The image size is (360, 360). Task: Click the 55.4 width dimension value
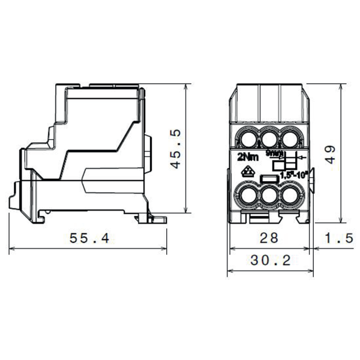tap(89, 238)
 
